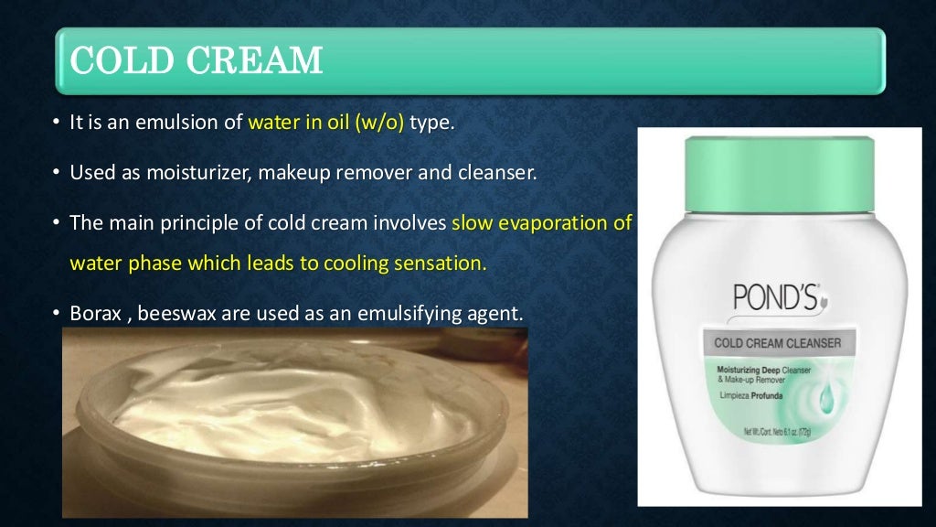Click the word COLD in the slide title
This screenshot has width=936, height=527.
112,60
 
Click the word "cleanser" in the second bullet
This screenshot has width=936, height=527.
500,172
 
